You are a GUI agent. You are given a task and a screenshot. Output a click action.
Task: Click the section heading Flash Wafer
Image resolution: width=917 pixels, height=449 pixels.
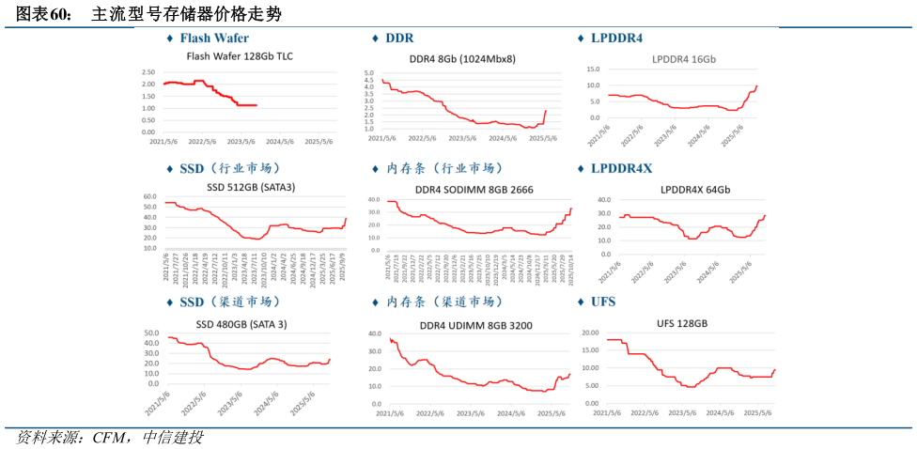[x=214, y=39]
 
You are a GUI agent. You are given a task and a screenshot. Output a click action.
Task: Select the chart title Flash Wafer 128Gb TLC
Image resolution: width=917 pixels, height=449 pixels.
[x=240, y=56]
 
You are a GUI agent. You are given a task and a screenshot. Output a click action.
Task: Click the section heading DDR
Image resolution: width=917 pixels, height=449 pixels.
[x=399, y=39]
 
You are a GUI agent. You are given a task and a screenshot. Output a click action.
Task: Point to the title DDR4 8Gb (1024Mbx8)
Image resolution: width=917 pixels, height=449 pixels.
[x=462, y=58]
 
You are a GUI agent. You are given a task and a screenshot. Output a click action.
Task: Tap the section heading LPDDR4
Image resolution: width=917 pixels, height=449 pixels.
[x=616, y=39]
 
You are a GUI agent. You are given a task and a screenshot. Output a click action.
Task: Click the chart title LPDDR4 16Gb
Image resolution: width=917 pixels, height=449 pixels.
[x=684, y=59]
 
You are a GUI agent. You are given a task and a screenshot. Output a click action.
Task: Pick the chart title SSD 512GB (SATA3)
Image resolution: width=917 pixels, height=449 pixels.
[x=251, y=187]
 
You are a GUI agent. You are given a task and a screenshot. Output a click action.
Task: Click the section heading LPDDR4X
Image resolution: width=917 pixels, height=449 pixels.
[x=621, y=169]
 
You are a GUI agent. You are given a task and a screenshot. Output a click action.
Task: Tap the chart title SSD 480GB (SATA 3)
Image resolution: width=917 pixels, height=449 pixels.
[x=241, y=324]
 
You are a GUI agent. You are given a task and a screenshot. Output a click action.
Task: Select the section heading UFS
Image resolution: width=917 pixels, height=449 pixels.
[x=603, y=302]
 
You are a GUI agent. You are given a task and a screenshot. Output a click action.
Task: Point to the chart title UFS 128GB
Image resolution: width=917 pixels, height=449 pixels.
[x=682, y=323]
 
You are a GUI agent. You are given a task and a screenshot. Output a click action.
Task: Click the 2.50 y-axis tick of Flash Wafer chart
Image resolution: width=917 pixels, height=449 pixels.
[x=148, y=72]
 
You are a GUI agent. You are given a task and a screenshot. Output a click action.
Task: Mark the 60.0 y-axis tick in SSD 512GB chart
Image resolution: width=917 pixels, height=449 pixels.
[x=149, y=196]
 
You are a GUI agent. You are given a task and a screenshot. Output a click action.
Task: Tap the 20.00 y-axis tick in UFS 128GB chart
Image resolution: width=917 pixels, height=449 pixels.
[x=591, y=333]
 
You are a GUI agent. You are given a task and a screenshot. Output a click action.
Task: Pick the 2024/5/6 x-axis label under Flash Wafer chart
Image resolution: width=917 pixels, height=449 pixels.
[x=280, y=143]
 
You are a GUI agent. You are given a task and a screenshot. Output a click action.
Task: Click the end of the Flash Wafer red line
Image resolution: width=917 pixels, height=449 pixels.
[x=256, y=105]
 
